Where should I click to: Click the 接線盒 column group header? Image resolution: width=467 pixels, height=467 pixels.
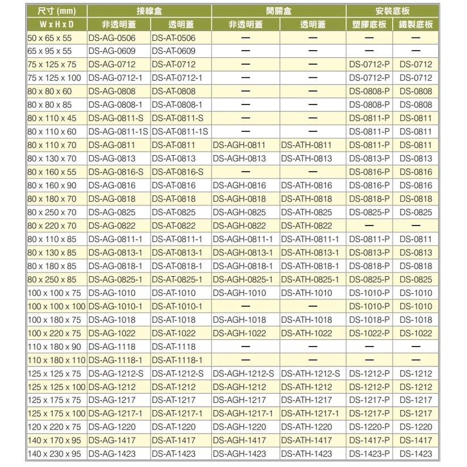tap(149, 11)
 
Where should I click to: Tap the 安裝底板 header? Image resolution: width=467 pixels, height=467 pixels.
tap(393, 11)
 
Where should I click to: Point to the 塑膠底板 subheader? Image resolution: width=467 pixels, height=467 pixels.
tap(369, 24)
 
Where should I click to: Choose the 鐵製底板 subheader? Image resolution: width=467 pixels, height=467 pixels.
tap(415, 24)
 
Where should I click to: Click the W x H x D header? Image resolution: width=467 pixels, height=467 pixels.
tap(56, 24)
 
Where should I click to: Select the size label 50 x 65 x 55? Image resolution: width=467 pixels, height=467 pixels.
tap(50, 38)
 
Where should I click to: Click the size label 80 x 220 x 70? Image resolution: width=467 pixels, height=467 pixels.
tap(52, 226)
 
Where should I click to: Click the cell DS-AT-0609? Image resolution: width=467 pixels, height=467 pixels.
tap(173, 51)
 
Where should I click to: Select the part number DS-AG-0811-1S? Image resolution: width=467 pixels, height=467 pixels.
tap(118, 132)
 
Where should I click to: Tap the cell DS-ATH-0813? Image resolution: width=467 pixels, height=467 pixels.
tap(306, 159)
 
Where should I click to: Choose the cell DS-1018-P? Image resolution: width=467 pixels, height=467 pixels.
tap(370, 320)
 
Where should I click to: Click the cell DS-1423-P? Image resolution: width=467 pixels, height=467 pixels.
tap(370, 454)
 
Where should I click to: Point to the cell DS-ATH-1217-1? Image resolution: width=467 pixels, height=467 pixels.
tap(310, 414)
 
